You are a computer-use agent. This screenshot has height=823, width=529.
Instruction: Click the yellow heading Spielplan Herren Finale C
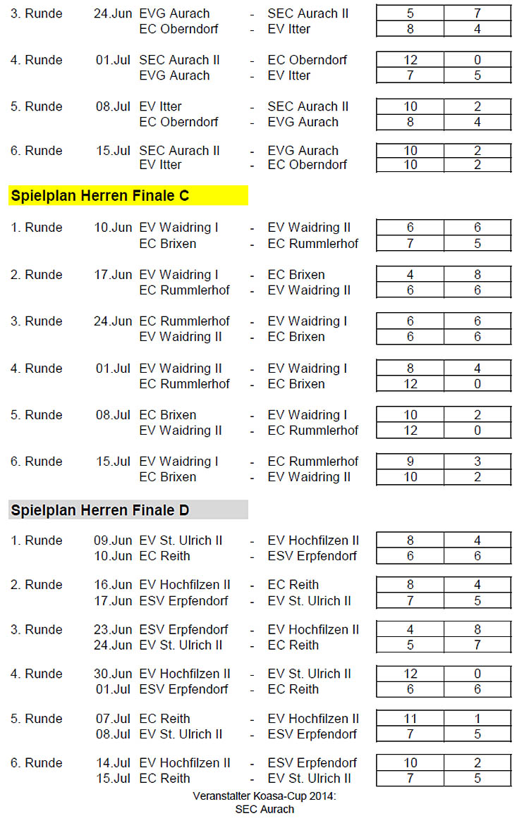pos(100,196)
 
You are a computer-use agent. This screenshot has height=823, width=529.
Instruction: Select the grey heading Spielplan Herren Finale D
pos(100,509)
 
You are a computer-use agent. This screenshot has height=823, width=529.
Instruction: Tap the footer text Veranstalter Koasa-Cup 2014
pos(264,796)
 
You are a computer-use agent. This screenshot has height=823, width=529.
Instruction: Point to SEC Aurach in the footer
pos(264,809)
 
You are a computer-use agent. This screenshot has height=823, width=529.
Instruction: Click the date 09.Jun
pos(113,540)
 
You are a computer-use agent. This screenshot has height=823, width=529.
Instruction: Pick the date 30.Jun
pos(113,674)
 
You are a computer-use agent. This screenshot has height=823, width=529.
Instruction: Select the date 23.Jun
pos(113,629)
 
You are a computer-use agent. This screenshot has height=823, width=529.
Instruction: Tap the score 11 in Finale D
pos(410,719)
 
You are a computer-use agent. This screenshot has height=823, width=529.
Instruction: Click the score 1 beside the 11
pos(478,719)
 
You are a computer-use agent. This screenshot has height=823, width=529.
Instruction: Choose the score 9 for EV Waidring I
pos(410,462)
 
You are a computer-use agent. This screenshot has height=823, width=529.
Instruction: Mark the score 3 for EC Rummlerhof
pos(478,462)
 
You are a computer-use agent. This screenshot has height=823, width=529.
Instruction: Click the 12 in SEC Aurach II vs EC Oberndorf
pos(410,60)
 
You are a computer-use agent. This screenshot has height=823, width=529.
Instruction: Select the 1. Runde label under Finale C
pos(37,228)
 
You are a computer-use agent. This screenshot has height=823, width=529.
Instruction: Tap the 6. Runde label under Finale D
pos(37,763)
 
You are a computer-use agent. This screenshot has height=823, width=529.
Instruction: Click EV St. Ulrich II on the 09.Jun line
pos(181,540)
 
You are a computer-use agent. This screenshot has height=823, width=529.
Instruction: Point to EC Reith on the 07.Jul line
pos(165,719)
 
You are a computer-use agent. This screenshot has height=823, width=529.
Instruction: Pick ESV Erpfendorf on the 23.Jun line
pos(184,629)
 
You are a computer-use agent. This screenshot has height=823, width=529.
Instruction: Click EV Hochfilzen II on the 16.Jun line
pos(185,585)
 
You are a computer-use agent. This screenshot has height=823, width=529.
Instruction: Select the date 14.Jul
pos(113,763)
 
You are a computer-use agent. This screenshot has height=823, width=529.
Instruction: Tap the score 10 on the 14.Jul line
pos(410,763)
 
